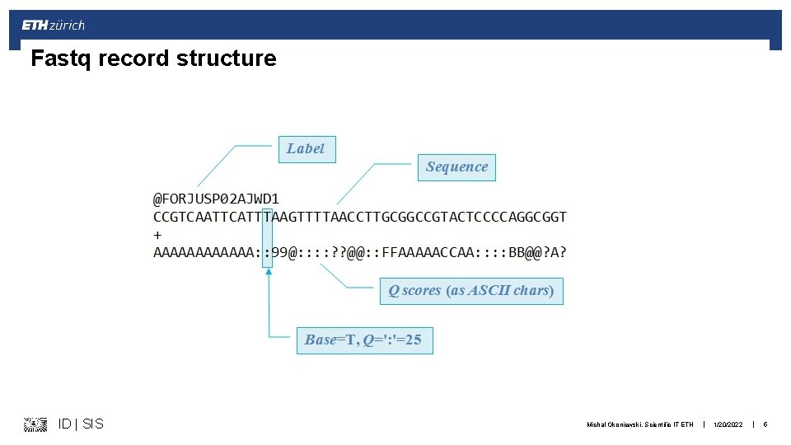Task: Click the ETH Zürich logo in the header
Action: pyautogui.click(x=54, y=25)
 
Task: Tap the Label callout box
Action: pyautogui.click(x=307, y=148)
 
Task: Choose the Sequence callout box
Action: pyautogui.click(x=457, y=166)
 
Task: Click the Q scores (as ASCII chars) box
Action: pyautogui.click(x=471, y=290)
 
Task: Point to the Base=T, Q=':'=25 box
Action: pyautogui.click(x=363, y=340)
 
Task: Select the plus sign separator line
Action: pyautogui.click(x=157, y=235)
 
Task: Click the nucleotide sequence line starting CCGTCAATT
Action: pyautogui.click(x=360, y=217)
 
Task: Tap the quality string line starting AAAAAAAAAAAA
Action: pyautogui.click(x=360, y=252)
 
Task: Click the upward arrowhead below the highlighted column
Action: pyautogui.click(x=267, y=273)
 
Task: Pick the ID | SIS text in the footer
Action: pyautogui.click(x=81, y=424)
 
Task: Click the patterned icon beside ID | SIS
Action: pyautogui.click(x=35, y=424)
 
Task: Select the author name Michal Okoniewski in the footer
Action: pyautogui.click(x=615, y=424)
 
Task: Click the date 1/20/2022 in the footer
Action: pyautogui.click(x=728, y=424)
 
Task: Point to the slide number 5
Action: pyautogui.click(x=765, y=424)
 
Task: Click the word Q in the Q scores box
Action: pyautogui.click(x=394, y=290)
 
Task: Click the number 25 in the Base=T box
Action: pyautogui.click(x=413, y=340)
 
